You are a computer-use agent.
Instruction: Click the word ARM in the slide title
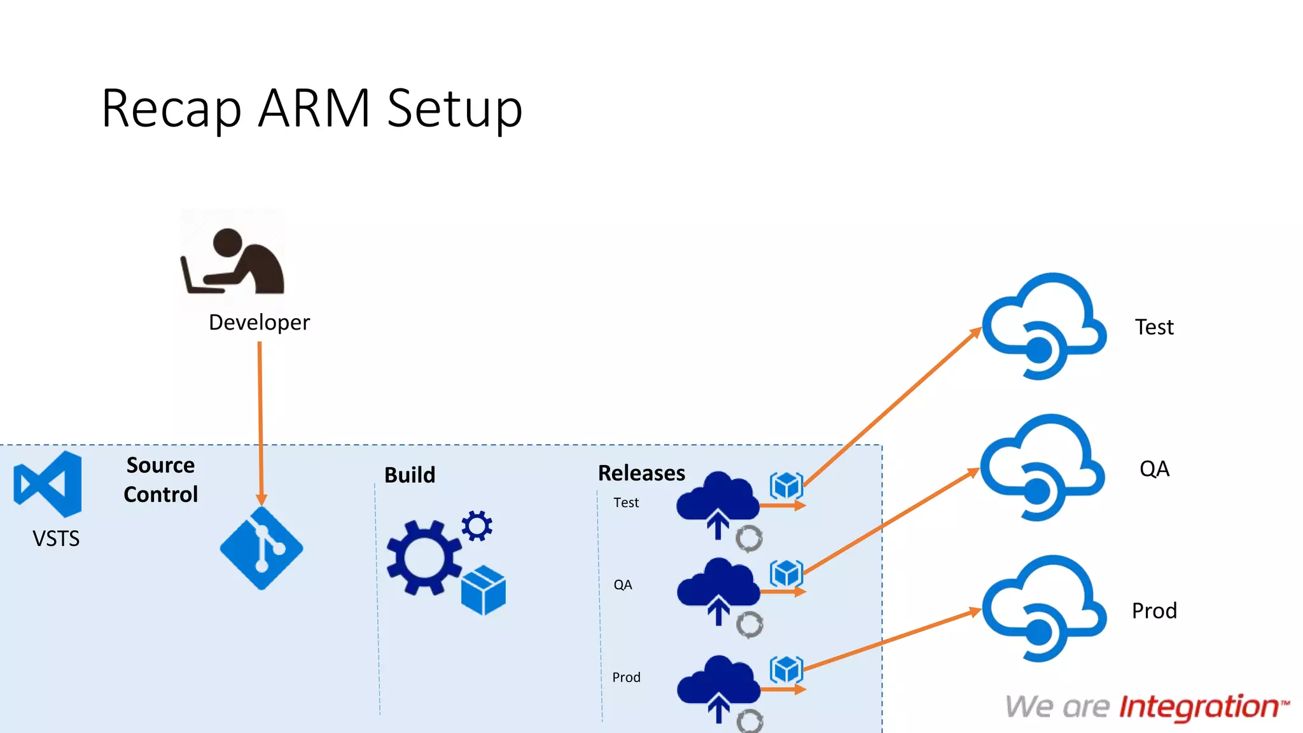[314, 108]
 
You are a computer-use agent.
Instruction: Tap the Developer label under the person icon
[259, 323]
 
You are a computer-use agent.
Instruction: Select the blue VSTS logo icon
[48, 484]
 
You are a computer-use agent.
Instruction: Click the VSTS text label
[56, 539]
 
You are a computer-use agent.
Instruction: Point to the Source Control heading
[161, 480]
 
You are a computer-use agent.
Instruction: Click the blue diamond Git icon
[261, 548]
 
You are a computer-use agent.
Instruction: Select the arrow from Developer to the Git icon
[260, 420]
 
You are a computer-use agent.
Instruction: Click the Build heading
[410, 475]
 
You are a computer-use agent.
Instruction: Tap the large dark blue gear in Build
[423, 557]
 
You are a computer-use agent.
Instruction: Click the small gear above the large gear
[477, 526]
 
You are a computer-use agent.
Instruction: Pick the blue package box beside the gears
[484, 590]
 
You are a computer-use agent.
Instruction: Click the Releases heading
[641, 473]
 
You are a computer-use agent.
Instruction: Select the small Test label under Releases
[626, 503]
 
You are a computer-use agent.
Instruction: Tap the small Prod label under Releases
[626, 677]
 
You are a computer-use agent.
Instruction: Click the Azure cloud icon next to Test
[1043, 326]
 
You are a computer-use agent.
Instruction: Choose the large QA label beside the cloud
[1154, 469]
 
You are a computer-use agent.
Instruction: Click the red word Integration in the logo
[1199, 707]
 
